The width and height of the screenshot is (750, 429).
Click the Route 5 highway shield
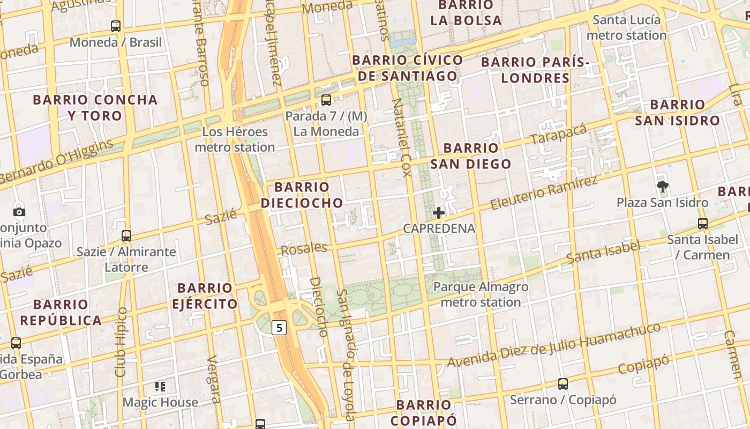pos(279,327)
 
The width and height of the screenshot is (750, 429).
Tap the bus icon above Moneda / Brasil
pos(116,26)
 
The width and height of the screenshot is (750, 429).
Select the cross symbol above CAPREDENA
pos(439,213)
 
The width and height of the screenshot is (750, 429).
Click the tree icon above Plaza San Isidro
pos(663,187)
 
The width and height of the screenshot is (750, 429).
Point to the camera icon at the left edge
pos(19,211)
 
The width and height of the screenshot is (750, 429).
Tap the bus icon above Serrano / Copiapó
pos(563,384)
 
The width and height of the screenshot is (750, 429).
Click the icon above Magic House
pos(160,386)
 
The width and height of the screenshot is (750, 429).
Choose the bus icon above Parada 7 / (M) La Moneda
pos(326,100)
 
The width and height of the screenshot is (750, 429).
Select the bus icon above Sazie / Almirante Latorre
pos(126,235)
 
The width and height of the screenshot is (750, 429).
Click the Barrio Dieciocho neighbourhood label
pos(302,195)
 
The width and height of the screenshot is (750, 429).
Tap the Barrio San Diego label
pos(471,156)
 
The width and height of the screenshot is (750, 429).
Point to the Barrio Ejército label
pos(205,296)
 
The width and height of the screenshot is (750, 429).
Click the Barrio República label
pos(60,313)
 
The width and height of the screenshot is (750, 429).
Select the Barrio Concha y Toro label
pos(95,107)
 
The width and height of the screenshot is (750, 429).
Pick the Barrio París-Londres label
pos(535,70)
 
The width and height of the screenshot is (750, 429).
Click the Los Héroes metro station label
pos(235,139)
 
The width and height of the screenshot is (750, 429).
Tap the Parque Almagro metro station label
pos(481,294)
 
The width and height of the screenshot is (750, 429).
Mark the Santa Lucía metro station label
pos(626,28)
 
